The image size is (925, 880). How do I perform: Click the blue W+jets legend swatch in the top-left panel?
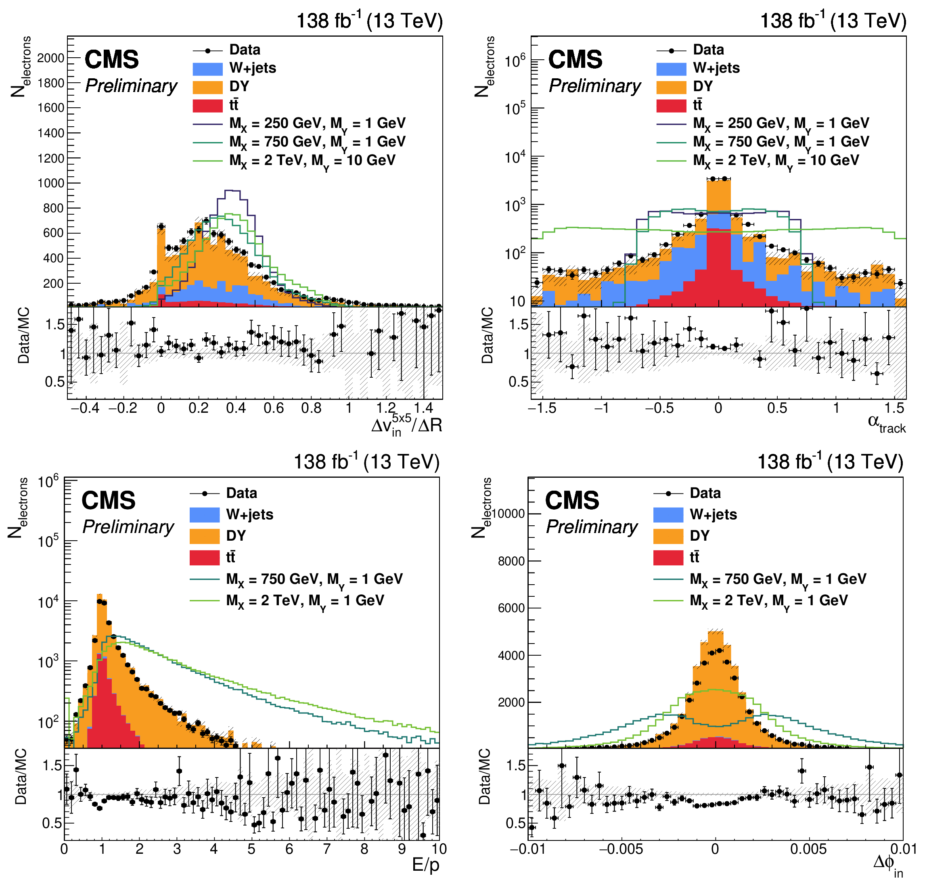coord(207,69)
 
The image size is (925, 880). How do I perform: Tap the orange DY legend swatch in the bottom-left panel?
coord(205,536)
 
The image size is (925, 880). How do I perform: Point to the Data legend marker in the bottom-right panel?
coord(668,493)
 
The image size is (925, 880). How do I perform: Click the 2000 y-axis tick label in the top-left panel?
coord(51,58)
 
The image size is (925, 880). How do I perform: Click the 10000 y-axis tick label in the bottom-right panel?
coord(508,514)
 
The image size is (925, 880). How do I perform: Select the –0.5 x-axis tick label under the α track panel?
coord(659,408)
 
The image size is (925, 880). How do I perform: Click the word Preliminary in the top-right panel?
coord(594,86)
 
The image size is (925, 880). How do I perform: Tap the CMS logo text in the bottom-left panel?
coord(108,500)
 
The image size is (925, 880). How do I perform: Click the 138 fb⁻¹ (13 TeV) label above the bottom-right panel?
coord(830,462)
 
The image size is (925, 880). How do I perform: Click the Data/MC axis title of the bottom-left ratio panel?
coord(21,776)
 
